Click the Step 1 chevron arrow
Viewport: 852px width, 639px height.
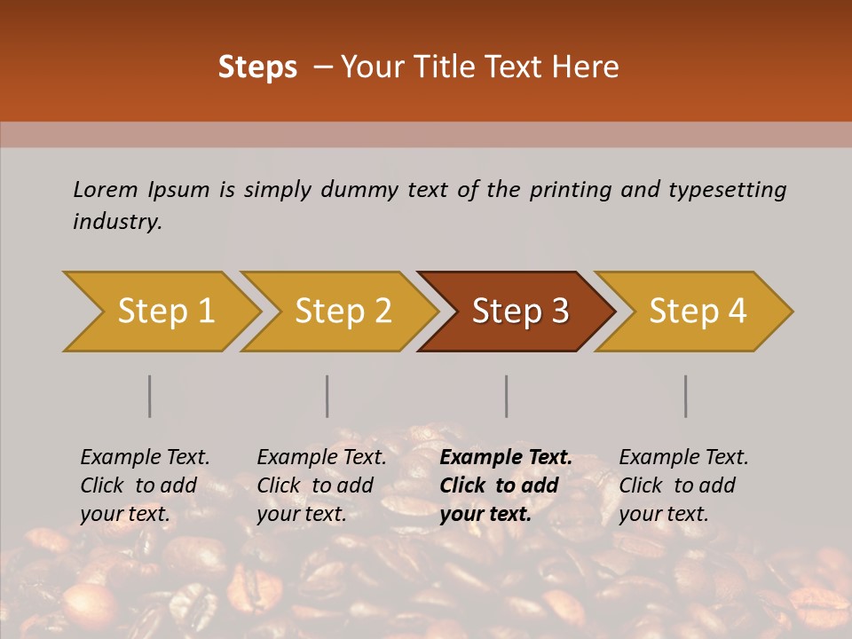pos(165,312)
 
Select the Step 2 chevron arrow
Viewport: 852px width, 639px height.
pos(343,312)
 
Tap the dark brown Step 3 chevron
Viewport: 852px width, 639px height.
pos(520,312)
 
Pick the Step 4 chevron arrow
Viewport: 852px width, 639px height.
pos(698,312)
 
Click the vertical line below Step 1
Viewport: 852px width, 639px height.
pos(150,396)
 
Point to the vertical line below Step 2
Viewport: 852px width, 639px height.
pos(327,396)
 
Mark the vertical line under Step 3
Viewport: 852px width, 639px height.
pos(507,396)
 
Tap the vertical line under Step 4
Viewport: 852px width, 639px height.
pos(686,396)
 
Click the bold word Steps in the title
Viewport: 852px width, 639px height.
pos(257,67)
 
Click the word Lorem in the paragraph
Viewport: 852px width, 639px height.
pos(106,189)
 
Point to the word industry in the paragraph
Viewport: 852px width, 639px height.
pos(117,221)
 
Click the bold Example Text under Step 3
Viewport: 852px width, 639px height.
pos(506,458)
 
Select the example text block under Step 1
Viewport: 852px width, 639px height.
pos(145,485)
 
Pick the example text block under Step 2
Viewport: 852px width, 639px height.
pos(321,485)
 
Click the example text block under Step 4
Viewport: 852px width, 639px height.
pos(683,485)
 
